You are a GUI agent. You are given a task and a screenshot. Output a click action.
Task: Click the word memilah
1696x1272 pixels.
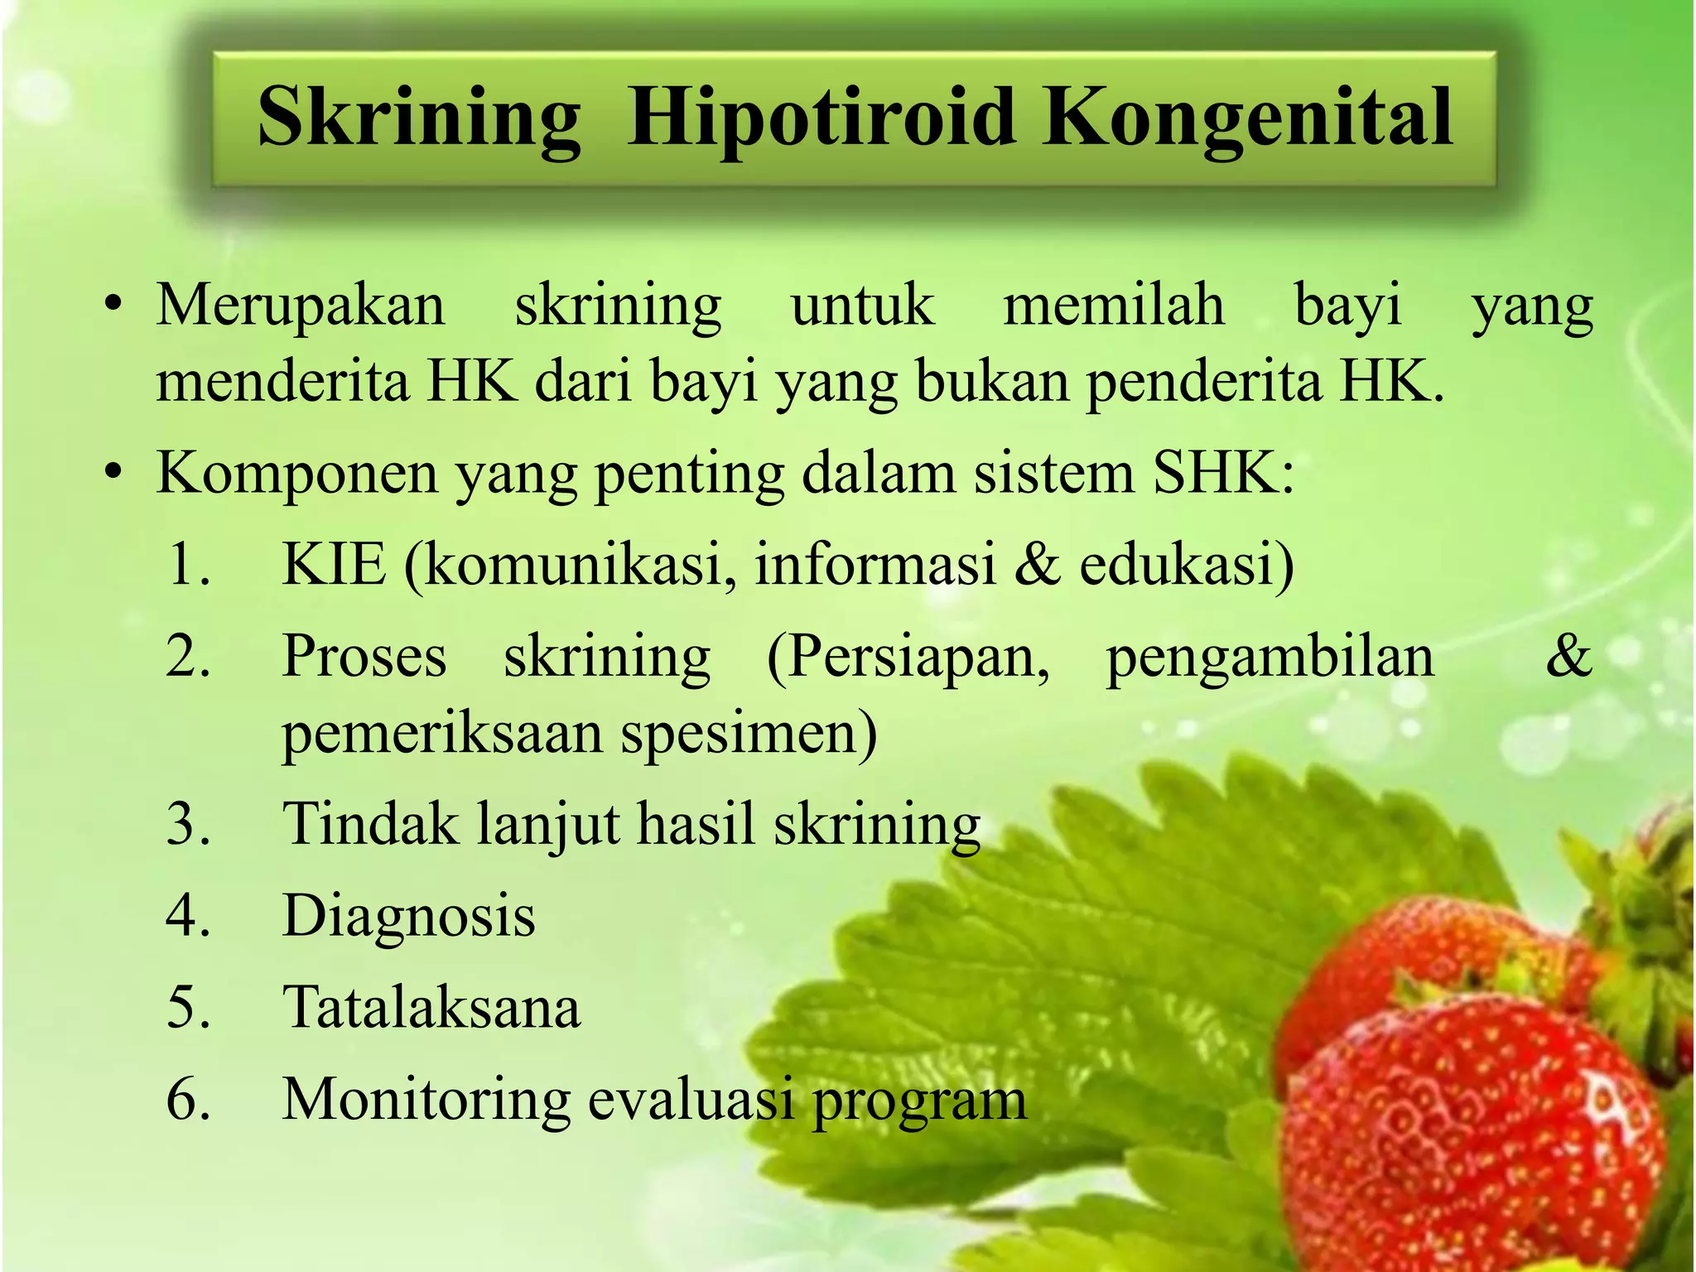pyautogui.click(x=1114, y=305)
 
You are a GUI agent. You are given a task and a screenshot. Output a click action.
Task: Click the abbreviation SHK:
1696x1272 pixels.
pyautogui.click(x=1223, y=473)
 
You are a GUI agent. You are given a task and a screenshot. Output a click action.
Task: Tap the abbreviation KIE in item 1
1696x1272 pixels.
pyautogui.click(x=334, y=565)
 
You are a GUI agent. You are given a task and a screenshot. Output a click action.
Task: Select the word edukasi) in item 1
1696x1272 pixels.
pyautogui.click(x=1187, y=565)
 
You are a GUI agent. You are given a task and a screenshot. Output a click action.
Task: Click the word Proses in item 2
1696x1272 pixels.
pyautogui.click(x=364, y=658)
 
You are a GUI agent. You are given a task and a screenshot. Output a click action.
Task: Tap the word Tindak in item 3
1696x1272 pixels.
pyautogui.click(x=370, y=825)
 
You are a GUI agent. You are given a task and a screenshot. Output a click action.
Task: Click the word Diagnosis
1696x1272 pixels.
pyautogui.click(x=409, y=917)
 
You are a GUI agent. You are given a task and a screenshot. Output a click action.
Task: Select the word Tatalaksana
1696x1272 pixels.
pyautogui.click(x=431, y=1008)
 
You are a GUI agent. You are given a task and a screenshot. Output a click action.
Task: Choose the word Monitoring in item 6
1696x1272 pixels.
pyautogui.click(x=426, y=1101)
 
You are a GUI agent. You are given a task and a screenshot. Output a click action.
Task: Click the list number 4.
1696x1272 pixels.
pyautogui.click(x=188, y=917)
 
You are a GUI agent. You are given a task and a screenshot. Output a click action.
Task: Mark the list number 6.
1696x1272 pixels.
pyautogui.click(x=188, y=1101)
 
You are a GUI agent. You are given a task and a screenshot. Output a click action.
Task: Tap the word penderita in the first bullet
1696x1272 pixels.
pyautogui.click(x=1205, y=383)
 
